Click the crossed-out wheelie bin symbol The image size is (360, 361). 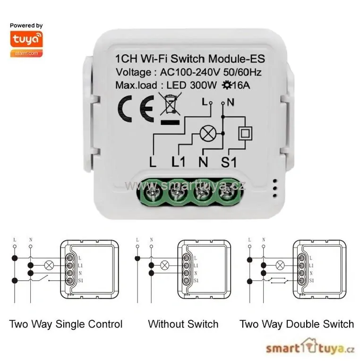click(169, 104)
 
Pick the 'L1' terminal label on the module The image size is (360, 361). click(179, 162)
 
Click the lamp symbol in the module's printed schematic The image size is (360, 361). click(206, 134)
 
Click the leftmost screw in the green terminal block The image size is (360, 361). click(152, 193)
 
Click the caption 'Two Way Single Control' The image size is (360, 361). click(66, 324)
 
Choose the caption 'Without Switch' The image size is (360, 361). click(183, 324)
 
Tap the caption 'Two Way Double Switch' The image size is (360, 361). click(297, 324)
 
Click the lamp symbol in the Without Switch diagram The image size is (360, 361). click(165, 265)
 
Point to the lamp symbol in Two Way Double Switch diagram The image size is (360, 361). click(280, 265)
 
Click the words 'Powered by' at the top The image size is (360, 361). click(26, 26)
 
